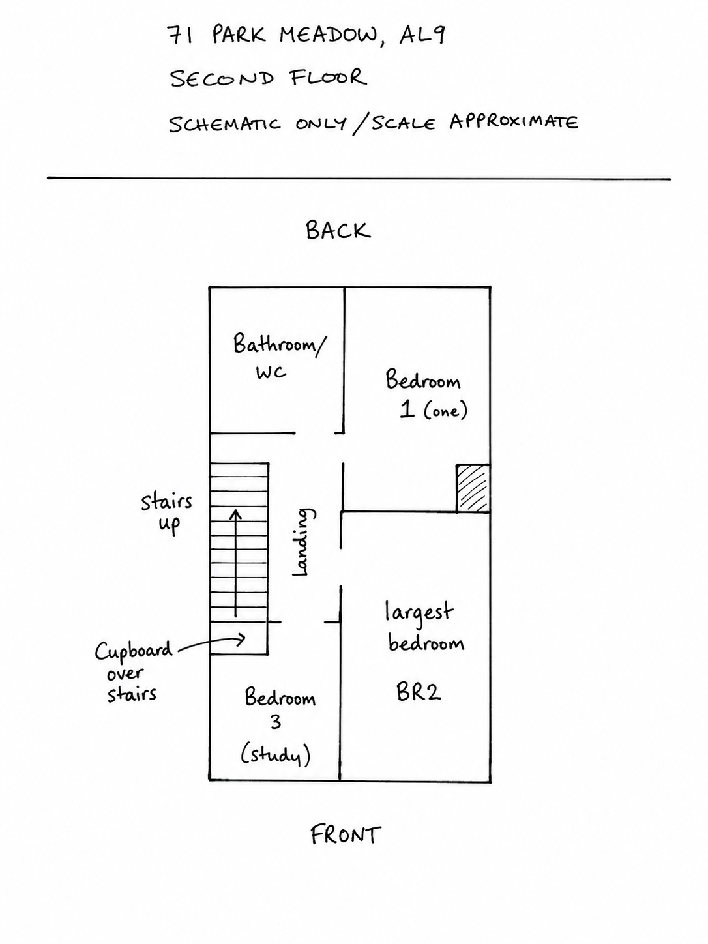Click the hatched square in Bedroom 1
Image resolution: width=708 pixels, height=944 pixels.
click(473, 488)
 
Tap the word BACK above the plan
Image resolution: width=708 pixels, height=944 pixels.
click(338, 231)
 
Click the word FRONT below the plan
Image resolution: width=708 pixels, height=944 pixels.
click(346, 834)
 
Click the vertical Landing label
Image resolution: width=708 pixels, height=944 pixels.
click(304, 542)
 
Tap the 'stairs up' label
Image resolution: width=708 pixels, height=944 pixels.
click(166, 514)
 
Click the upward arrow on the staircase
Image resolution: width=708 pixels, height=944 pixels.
click(235, 563)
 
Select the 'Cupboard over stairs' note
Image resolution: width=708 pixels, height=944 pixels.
click(133, 673)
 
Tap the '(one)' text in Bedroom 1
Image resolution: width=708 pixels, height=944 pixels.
click(445, 411)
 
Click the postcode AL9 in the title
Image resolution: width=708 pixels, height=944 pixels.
click(422, 35)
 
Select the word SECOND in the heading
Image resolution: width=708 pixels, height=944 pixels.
click(222, 78)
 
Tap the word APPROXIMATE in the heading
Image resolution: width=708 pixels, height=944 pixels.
click(514, 122)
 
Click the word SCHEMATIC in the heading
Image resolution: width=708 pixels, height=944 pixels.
click(224, 125)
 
